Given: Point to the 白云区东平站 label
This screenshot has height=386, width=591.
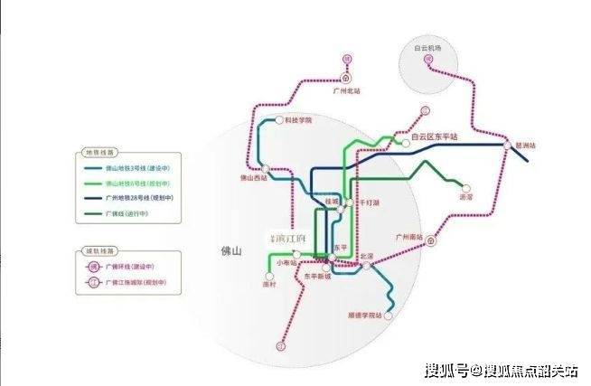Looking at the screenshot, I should pyautogui.click(x=434, y=137).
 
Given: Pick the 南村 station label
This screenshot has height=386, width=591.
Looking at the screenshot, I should pyautogui.click(x=267, y=284).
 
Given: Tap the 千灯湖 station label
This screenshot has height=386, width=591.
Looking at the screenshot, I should pyautogui.click(x=371, y=204).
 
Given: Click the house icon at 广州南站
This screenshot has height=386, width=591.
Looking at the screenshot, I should pyautogui.click(x=432, y=241).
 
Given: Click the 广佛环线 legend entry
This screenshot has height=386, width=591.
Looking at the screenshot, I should pyautogui.click(x=133, y=268).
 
